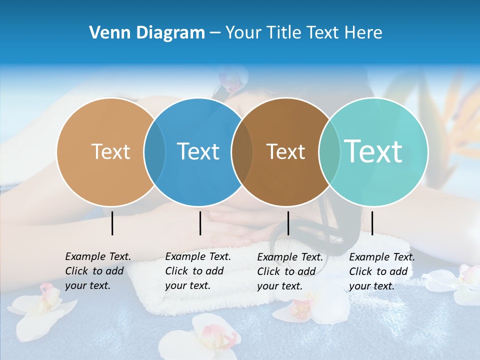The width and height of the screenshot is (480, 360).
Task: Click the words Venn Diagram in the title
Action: click(147, 33)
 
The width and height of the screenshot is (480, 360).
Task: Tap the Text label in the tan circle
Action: click(110, 151)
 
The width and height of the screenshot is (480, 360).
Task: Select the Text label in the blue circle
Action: click(198, 151)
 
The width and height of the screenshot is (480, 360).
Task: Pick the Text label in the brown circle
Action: click(285, 151)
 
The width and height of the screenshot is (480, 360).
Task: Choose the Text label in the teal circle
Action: click(373, 151)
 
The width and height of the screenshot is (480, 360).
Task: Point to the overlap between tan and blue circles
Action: click(154, 151)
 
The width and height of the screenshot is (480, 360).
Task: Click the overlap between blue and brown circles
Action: click(242, 151)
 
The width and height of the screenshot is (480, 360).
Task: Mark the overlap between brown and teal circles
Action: click(328, 151)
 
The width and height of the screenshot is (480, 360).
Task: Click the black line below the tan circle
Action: click(112, 223)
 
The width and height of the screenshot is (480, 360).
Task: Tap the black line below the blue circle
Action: click(200, 223)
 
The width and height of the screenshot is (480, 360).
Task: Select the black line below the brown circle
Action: click(288, 223)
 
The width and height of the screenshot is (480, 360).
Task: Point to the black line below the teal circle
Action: click(372, 223)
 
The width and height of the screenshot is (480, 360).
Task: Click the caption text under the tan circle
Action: click(98, 271)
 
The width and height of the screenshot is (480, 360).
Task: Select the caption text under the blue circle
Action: click(198, 271)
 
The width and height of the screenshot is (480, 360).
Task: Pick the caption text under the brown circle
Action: click(290, 271)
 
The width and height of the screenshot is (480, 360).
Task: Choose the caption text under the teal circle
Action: click(382, 271)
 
